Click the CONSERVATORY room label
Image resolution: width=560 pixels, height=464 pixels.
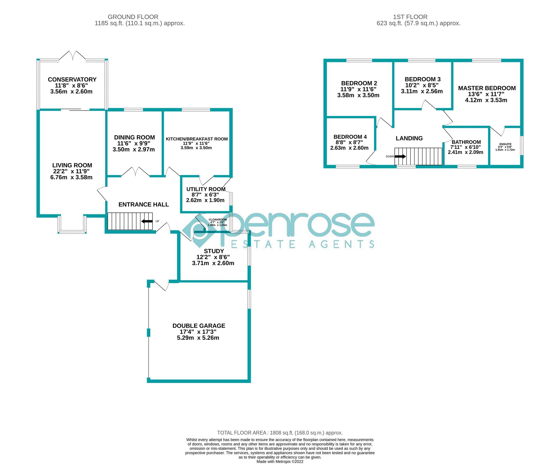point(72,79)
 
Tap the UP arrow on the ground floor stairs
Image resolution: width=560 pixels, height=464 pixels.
point(147,221)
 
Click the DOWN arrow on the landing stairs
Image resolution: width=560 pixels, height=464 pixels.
point(400,156)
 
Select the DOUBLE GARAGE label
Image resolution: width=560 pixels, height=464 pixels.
point(199,326)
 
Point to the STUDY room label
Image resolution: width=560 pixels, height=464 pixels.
point(213,251)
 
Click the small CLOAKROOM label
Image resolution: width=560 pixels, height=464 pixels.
point(218,219)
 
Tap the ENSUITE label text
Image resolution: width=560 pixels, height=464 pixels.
point(505,144)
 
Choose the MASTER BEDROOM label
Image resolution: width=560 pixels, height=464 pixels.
point(487,88)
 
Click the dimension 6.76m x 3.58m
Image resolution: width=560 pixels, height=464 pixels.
point(71,177)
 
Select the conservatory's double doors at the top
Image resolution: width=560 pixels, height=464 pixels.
point(72,55)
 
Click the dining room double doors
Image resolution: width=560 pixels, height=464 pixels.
point(135,172)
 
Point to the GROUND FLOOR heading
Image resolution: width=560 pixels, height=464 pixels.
point(133,17)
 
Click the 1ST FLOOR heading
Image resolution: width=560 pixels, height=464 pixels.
point(410,17)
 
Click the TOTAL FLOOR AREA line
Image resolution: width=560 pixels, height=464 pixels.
point(280,433)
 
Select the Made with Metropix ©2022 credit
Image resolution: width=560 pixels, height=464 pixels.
point(280,461)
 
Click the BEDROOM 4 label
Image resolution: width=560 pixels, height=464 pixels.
point(350,137)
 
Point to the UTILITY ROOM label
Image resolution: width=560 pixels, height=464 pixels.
point(205,189)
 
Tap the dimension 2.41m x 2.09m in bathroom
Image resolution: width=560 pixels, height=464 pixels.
point(465,152)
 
